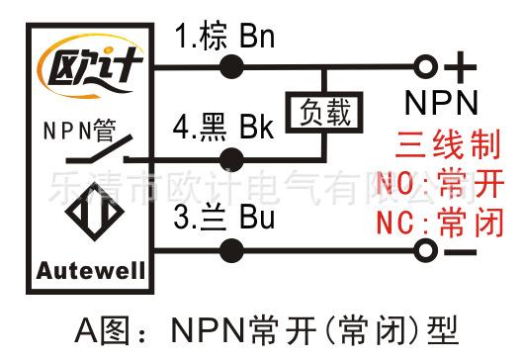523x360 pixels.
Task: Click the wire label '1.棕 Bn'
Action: [224, 36]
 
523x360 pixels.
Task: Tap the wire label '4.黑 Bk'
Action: [223, 127]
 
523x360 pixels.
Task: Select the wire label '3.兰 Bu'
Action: [224, 218]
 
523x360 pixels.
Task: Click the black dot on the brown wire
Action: [231, 66]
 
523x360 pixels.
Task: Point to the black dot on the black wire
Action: [231, 160]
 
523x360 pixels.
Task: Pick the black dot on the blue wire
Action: [231, 250]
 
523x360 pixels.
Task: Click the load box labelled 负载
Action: [324, 113]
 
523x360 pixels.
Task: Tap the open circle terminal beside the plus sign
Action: [425, 66]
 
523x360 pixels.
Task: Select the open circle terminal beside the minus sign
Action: [425, 250]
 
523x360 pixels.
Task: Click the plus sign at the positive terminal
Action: [461, 67]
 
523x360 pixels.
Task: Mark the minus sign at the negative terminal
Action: [461, 252]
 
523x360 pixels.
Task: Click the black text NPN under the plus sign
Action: [441, 103]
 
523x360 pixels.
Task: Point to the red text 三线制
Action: [448, 144]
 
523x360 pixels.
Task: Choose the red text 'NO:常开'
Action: [440, 183]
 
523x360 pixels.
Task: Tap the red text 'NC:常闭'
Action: [440, 222]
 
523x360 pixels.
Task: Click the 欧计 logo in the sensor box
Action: [91, 66]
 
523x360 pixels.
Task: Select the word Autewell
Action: [91, 271]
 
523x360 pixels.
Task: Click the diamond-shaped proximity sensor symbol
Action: [95, 212]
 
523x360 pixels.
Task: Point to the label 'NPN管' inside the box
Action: [80, 131]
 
